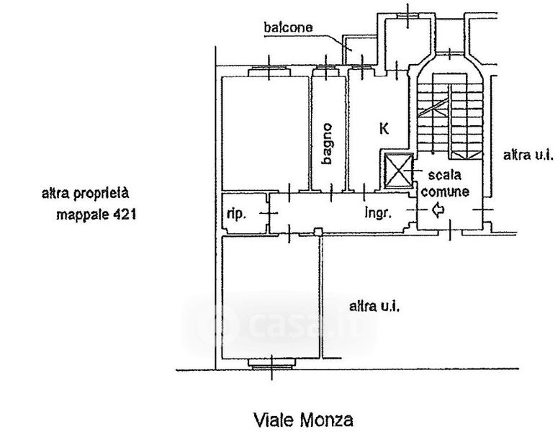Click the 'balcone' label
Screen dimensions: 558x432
pos(288,27)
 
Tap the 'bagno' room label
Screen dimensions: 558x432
pos(327,144)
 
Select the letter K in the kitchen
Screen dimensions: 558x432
pos(384,128)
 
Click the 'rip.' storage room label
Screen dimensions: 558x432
pos(236,214)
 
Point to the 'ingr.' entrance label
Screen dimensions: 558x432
pos(378,213)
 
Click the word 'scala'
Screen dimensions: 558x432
pos(445,175)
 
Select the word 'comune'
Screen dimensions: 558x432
pos(445,192)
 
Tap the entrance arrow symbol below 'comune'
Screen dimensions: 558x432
pos(438,210)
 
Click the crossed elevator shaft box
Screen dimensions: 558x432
pos(399,170)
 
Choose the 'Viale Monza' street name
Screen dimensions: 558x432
pos(303,420)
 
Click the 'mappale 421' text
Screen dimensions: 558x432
pos(96,215)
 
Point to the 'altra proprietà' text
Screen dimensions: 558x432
pos(86,193)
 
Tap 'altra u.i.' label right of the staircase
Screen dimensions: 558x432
pos(528,155)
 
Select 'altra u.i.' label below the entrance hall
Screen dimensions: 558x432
pos(374,306)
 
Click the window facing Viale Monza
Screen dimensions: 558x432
pos(272,364)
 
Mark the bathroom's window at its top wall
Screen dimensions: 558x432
pos(326,72)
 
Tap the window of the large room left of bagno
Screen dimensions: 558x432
pos(269,72)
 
